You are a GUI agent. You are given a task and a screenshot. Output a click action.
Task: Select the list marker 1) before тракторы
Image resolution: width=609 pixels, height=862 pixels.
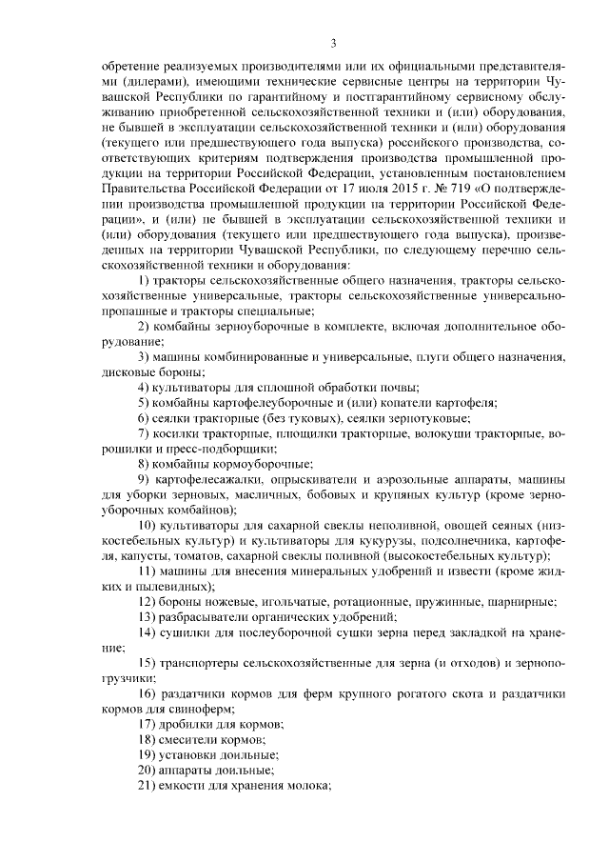pos(145,281)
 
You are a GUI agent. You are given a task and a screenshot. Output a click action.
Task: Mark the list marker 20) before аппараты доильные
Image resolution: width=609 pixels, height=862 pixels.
pos(148,768)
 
